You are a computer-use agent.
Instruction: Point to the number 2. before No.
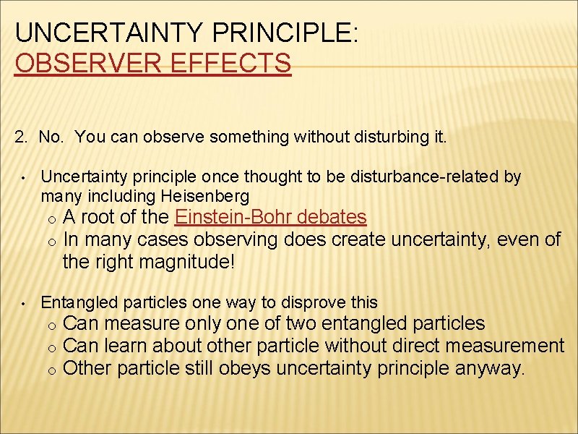point(22,137)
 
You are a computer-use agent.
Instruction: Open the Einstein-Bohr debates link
point(271,216)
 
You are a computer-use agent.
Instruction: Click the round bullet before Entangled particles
point(24,303)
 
